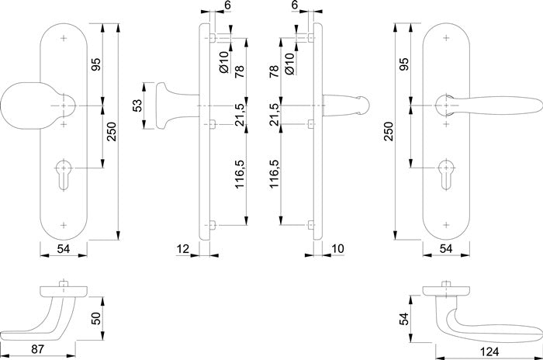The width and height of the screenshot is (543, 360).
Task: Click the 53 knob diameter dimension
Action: click(x=137, y=106)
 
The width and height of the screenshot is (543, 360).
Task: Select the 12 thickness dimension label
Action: click(x=183, y=248)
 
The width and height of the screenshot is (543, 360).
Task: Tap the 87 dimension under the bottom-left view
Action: click(x=37, y=349)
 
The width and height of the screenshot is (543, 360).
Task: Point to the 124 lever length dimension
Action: click(x=489, y=352)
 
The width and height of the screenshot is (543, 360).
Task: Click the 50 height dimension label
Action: click(x=96, y=318)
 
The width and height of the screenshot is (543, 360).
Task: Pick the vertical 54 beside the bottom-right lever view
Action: click(x=404, y=319)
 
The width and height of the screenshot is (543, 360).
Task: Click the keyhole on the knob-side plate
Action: click(x=64, y=175)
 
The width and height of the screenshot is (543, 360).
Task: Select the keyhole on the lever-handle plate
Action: click(x=446, y=175)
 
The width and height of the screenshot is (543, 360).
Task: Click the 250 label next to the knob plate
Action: click(x=112, y=131)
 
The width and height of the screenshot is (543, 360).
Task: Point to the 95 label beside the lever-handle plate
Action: click(x=404, y=64)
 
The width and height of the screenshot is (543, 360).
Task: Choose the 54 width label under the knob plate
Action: click(x=64, y=248)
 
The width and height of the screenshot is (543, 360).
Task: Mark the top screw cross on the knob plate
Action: click(x=64, y=38)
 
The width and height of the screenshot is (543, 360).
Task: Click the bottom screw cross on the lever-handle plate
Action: click(x=446, y=225)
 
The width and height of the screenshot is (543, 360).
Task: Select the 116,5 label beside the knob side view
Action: click(x=240, y=174)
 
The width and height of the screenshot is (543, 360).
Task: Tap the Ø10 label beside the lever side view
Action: click(x=289, y=64)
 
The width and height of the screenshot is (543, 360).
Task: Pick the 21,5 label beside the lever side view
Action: click(x=275, y=114)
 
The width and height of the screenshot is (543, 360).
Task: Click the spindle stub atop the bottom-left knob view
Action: click(x=63, y=283)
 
